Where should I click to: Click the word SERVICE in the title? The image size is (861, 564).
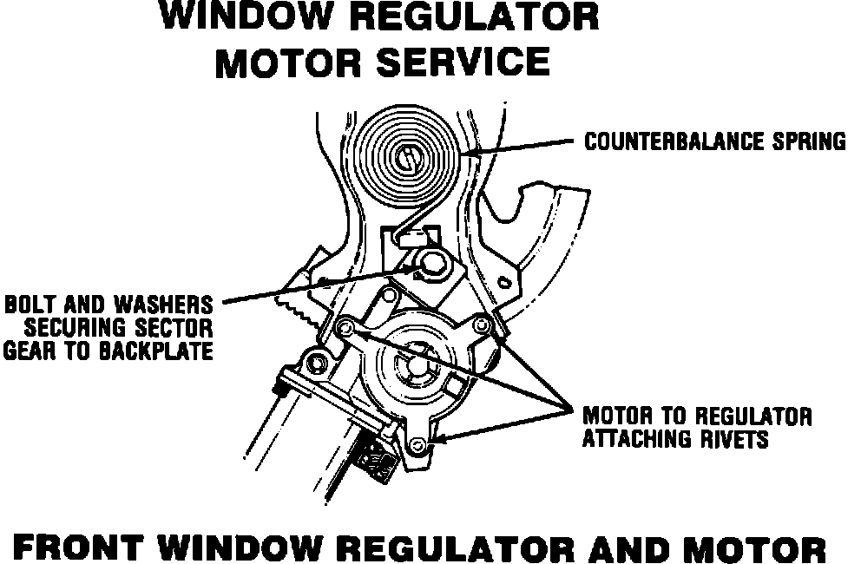tap(466, 62)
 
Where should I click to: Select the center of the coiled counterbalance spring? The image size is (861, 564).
tap(407, 158)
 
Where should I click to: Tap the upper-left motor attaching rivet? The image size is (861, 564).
tap(345, 327)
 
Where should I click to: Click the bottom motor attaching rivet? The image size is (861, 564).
tap(420, 445)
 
